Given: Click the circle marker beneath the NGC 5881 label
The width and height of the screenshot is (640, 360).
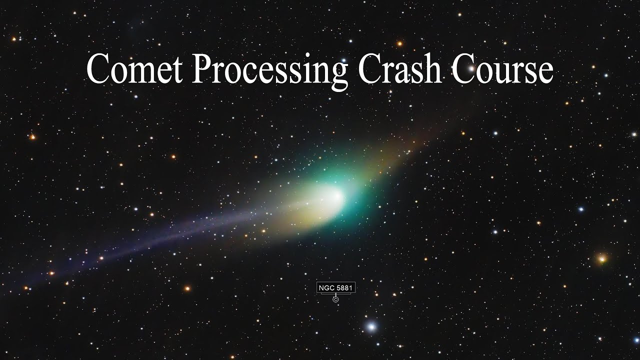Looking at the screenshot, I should pyautogui.click(x=335, y=299).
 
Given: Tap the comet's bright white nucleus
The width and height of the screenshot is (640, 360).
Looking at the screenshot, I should pyautogui.click(x=334, y=196).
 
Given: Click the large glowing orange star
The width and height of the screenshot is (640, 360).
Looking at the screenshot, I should pyautogui.click(x=602, y=258).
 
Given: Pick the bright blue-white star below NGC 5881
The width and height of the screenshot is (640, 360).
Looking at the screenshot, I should pyautogui.click(x=371, y=327).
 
